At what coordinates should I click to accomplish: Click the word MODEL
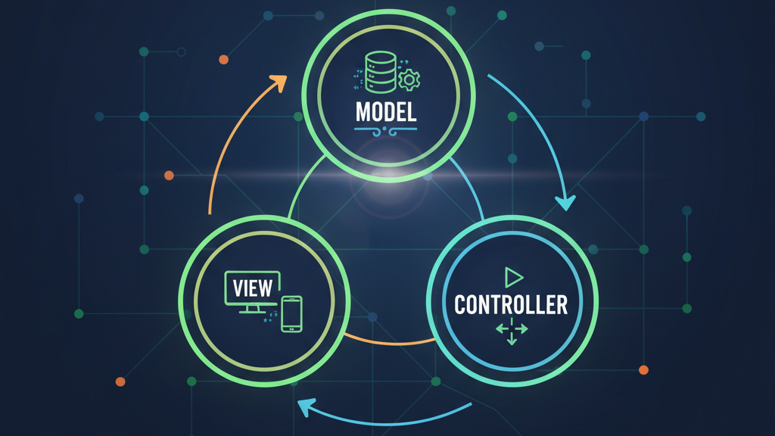(x=386, y=112)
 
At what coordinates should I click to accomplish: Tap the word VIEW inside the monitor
(x=252, y=288)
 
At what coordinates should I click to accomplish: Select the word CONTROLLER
(x=511, y=304)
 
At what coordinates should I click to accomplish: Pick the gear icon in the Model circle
(x=409, y=79)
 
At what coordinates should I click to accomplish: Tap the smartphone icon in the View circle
(x=291, y=313)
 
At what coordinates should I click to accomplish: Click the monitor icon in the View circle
(x=253, y=291)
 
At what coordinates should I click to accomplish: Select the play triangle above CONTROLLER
(x=513, y=276)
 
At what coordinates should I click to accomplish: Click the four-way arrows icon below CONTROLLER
(x=512, y=332)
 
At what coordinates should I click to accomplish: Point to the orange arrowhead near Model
(x=279, y=81)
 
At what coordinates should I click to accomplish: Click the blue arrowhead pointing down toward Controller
(x=565, y=201)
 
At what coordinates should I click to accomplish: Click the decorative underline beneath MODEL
(x=386, y=130)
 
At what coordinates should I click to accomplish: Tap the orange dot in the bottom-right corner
(x=643, y=370)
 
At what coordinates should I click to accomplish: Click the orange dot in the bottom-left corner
(x=120, y=382)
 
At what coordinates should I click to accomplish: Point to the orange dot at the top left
(x=223, y=59)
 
